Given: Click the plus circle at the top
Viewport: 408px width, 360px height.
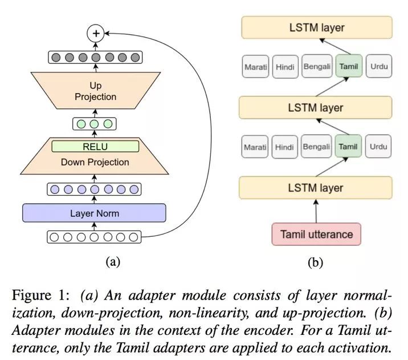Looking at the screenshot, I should (x=96, y=34).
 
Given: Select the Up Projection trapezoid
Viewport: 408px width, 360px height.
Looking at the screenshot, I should (x=95, y=92).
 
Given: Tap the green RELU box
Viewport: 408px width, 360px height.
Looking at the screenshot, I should (x=95, y=146).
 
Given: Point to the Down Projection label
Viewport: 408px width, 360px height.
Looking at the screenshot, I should (x=95, y=162).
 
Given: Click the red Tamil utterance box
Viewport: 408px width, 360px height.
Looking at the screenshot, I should (x=316, y=234).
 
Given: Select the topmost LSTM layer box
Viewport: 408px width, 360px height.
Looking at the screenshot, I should (x=316, y=27).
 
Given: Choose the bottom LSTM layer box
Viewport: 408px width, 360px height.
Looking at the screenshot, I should (x=316, y=188).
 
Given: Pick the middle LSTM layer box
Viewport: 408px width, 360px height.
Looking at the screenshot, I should (x=316, y=107).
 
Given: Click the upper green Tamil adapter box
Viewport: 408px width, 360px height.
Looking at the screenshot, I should (x=348, y=67).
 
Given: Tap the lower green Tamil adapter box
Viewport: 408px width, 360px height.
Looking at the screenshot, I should (x=348, y=147).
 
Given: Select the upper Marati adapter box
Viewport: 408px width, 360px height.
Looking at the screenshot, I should (x=255, y=67).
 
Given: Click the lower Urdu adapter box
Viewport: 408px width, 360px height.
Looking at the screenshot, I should (x=378, y=147).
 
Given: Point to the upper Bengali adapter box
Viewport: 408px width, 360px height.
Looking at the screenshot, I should (x=317, y=67).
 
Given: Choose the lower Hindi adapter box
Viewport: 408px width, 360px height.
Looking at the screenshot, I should (x=285, y=147).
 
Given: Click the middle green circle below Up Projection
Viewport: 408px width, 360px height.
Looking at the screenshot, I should (x=95, y=123).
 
